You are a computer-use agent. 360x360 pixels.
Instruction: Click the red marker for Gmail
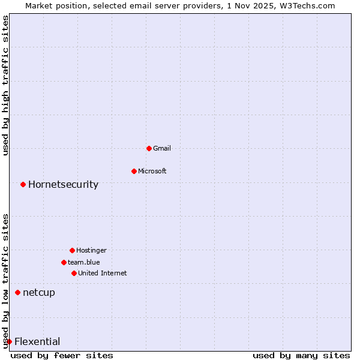[149, 148]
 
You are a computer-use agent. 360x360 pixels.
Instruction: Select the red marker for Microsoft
[134, 171]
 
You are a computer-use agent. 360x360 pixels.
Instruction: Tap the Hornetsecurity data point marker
[23, 184]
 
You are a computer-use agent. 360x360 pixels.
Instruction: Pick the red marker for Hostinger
[72, 250]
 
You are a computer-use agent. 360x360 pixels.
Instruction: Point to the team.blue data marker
[64, 262]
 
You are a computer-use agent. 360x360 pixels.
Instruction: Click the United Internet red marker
[74, 273]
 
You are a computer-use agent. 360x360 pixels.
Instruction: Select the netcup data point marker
[17, 292]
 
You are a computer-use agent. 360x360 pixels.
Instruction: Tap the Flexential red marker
[9, 341]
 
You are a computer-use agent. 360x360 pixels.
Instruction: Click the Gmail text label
[162, 148]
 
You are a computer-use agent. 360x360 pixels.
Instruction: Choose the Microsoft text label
[152, 171]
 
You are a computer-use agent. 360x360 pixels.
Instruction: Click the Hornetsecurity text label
[63, 184]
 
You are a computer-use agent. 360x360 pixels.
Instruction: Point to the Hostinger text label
[91, 250]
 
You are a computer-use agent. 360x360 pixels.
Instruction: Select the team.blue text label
[84, 262]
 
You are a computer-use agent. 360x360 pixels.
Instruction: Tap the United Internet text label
[103, 273]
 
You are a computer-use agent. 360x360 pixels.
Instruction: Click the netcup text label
[39, 292]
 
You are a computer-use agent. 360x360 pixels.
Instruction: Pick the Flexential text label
[37, 341]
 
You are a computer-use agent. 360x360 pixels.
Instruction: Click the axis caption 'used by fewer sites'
[62, 355]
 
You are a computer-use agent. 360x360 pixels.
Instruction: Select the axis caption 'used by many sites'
[301, 355]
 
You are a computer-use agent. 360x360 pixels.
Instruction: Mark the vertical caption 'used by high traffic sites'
[5, 85]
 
